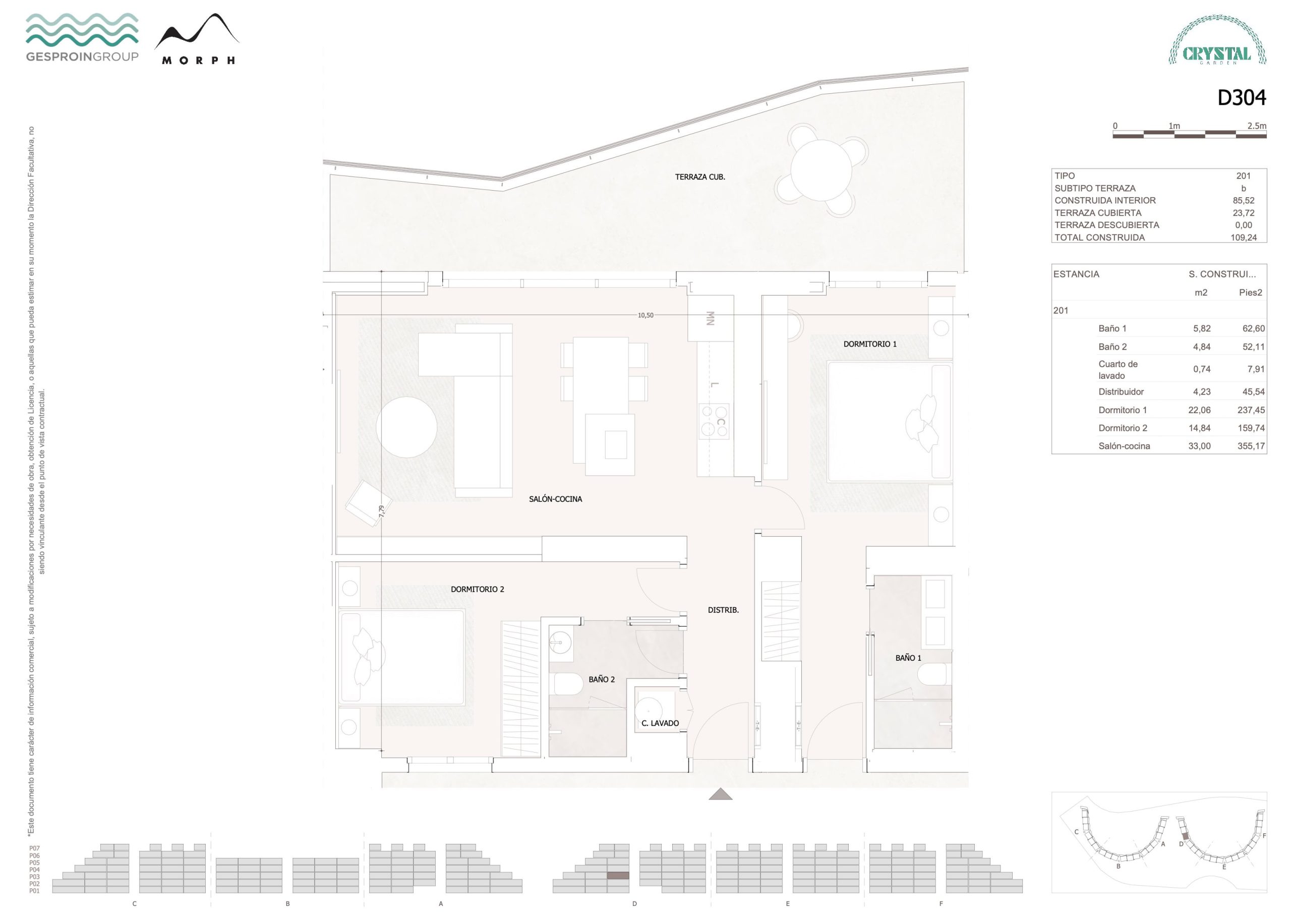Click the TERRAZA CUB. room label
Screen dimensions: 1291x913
[699, 177]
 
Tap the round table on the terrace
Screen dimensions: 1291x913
[821, 170]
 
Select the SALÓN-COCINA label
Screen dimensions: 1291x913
[555, 499]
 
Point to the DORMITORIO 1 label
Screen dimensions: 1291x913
[870, 344]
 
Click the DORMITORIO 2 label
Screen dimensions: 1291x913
[478, 589]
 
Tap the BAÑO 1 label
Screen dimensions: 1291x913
[908, 658]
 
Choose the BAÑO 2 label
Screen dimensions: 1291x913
[602, 679]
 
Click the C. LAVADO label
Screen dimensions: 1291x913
[660, 723]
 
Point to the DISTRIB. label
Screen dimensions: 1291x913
[723, 610]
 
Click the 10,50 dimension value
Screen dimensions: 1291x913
[645, 316]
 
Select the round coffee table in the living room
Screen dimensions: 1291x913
[406, 427]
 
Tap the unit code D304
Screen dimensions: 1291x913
[1242, 98]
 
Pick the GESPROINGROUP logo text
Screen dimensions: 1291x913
[82, 56]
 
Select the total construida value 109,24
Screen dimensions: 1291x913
[1243, 238]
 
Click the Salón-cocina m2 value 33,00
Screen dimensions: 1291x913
[1199, 446]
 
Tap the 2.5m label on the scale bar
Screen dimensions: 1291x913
[1257, 126]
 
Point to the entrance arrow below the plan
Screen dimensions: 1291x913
[720, 794]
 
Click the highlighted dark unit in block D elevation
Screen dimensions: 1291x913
[618, 876]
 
